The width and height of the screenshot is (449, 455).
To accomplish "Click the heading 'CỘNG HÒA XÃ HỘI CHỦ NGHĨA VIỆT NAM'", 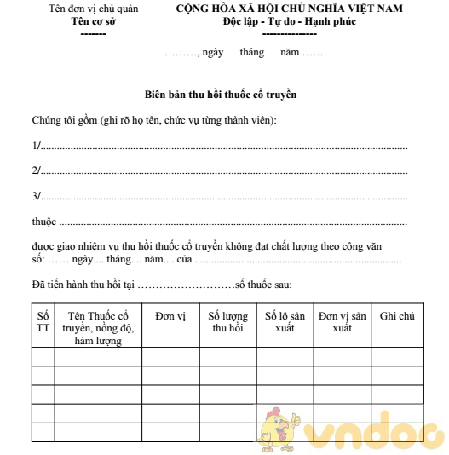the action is [x=290, y=9].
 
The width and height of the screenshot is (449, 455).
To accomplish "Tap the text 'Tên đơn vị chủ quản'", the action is [x=93, y=9].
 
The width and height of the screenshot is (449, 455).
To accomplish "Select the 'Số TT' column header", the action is [x=43, y=323].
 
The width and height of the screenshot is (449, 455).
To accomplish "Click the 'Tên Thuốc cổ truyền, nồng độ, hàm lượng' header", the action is [x=98, y=328].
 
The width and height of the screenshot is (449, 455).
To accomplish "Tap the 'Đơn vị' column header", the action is [x=170, y=316].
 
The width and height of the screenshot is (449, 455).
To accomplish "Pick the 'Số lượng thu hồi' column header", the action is [x=227, y=322].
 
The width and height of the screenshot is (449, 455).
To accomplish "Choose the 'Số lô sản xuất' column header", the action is [x=285, y=322].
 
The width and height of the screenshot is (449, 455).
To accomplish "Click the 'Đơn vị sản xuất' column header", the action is [x=342, y=322].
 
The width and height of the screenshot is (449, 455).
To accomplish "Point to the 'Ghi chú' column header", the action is [x=397, y=316].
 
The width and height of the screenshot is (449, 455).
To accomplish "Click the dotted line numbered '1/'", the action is [x=222, y=147].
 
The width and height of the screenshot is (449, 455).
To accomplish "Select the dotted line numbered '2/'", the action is [x=222, y=171].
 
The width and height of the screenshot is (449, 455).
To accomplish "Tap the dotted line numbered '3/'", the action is [x=222, y=197].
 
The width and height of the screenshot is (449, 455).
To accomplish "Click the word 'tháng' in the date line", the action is [x=252, y=52].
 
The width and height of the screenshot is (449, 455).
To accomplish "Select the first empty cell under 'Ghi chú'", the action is [x=397, y=356].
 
